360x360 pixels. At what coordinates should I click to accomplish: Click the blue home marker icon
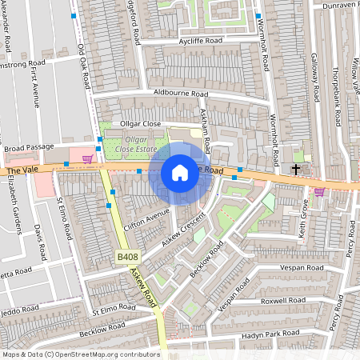click(x=180, y=172)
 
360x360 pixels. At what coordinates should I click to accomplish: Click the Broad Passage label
click(x=28, y=147)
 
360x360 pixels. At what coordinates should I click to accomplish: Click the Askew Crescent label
click(x=183, y=228)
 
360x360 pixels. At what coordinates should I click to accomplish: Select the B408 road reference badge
click(x=126, y=257)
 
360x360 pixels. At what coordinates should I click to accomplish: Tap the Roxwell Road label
click(x=284, y=300)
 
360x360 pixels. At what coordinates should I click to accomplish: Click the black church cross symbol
click(x=295, y=169)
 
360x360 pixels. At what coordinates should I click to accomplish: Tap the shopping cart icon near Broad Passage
click(x=86, y=159)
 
